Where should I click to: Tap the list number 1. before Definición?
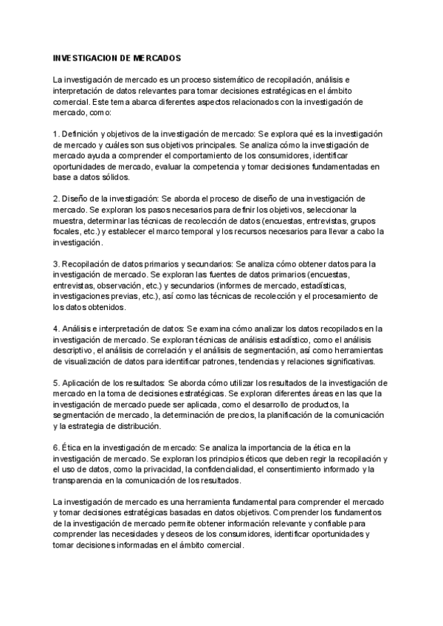pos(56,134)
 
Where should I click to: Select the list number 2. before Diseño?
pos(56,199)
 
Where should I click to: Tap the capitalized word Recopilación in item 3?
pos(88,264)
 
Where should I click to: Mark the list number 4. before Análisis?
pos(56,329)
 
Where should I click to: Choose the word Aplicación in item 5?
pos(84,383)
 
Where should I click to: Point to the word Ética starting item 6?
pos(74,448)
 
